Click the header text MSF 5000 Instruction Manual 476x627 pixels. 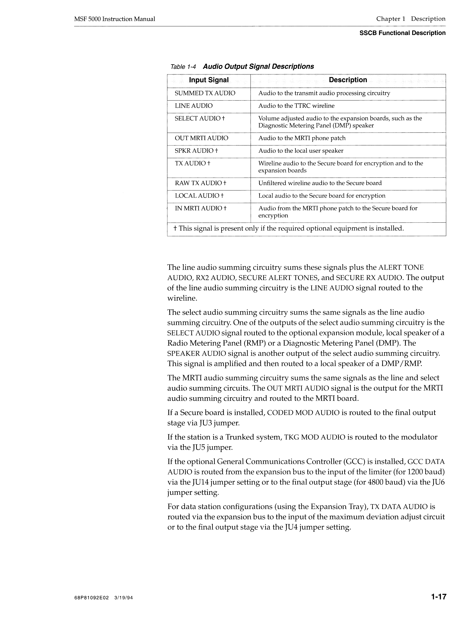[114, 19]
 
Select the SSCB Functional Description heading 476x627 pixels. [402, 33]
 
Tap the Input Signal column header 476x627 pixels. [209, 80]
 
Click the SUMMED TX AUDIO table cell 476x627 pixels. [205, 93]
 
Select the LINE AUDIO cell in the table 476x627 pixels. [193, 106]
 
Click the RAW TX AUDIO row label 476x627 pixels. [200, 183]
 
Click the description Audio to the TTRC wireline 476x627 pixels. [296, 106]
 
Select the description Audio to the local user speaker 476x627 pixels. [301, 151]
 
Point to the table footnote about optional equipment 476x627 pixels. [288, 229]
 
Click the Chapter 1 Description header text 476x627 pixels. [411, 19]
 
